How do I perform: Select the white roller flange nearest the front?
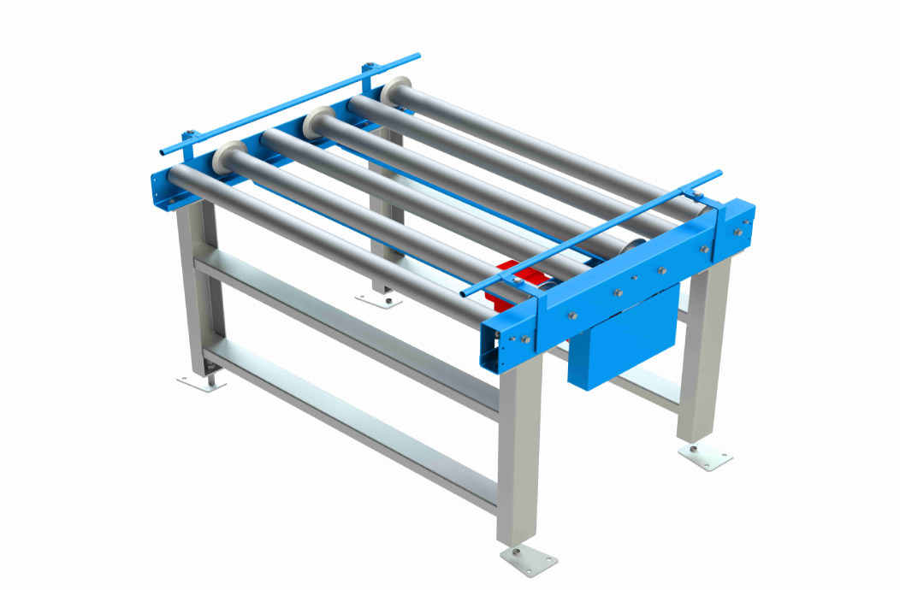(x=224, y=160)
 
